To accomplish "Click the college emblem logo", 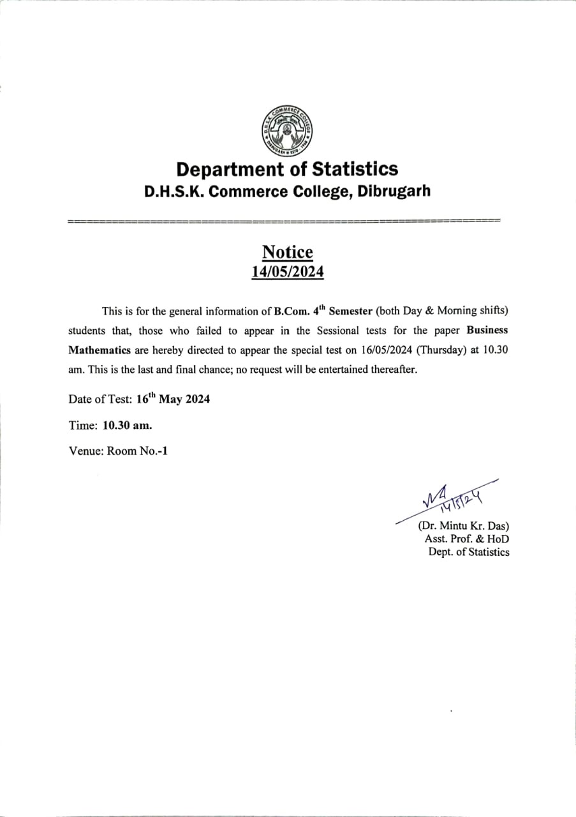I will coord(287,130).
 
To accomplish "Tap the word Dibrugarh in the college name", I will coord(394,191).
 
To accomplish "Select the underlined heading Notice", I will coord(288,252).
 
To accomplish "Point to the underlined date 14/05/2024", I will coord(288,272).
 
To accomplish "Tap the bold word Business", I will coord(487,331).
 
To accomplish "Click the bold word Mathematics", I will coord(100,350).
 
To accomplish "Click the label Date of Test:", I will coord(101,400).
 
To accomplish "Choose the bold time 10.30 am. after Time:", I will coord(127,425).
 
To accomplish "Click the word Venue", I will coord(85,451).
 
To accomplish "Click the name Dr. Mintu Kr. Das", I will coord(463,527).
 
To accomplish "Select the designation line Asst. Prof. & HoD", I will coord(467,539).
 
